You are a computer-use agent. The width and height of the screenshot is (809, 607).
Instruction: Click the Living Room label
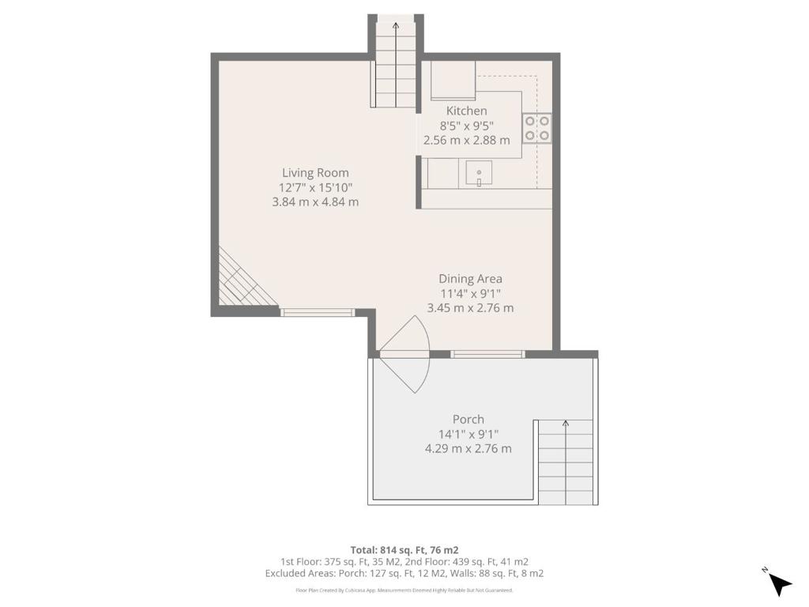315,173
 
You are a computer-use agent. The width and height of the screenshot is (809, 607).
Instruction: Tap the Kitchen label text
466,111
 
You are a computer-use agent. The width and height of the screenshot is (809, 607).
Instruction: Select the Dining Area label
471,279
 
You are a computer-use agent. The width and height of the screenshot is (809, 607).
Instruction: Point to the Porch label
468,419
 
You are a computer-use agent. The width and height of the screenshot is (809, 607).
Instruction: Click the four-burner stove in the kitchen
536,129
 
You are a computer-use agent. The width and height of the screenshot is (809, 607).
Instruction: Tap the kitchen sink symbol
479,173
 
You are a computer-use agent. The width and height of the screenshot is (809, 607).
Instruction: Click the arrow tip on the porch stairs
566,422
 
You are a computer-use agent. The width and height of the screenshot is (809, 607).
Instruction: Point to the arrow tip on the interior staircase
396,24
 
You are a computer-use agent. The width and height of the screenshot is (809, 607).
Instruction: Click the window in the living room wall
318,312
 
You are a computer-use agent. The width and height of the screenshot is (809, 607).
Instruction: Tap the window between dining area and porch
487,354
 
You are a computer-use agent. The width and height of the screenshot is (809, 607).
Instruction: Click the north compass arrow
780,584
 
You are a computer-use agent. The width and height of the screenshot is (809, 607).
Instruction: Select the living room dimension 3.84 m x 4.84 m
315,202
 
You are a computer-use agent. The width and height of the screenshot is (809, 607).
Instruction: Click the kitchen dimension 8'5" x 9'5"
466,126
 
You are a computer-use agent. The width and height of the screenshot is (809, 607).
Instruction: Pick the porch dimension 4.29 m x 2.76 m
468,449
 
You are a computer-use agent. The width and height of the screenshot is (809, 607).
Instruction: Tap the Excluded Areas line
404,573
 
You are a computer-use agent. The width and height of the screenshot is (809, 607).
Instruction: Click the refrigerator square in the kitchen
453,80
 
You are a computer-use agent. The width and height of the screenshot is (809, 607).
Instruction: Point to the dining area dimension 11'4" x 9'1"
470,294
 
